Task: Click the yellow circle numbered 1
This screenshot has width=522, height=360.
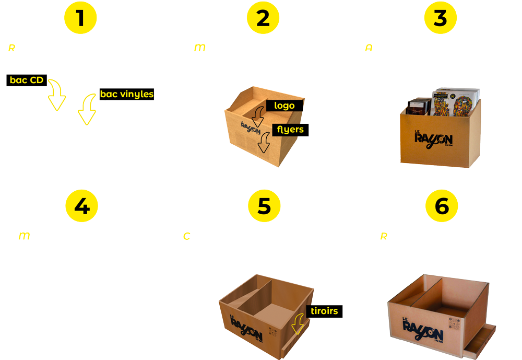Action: tap(80, 18)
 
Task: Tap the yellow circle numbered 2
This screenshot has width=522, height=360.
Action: tap(263, 18)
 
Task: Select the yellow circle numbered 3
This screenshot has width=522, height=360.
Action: tap(441, 18)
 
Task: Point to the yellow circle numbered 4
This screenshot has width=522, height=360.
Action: tap(81, 206)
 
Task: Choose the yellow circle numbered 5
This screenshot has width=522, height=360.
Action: tap(264, 206)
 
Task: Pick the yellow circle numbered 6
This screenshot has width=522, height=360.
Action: tap(442, 206)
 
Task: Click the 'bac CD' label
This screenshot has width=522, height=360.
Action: tap(27, 80)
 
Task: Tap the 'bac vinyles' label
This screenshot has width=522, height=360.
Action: tap(127, 94)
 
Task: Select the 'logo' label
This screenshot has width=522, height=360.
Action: tap(284, 106)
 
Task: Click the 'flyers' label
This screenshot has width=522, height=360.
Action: tap(290, 130)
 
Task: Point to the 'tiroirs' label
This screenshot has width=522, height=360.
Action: tap(324, 311)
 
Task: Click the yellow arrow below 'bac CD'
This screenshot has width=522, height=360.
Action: tap(56, 96)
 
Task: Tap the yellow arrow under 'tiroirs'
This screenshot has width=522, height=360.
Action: tap(298, 324)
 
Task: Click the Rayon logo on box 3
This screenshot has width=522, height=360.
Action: tap(433, 138)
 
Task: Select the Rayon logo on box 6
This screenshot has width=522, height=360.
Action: tap(423, 328)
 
